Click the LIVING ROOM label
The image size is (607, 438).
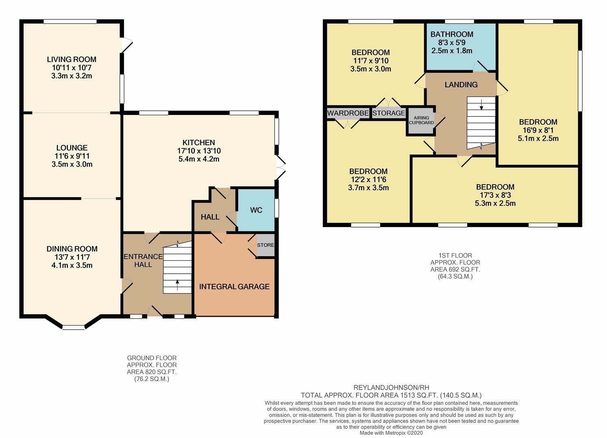pyautogui.click(x=72, y=59)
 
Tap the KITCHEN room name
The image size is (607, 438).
pyautogui.click(x=199, y=142)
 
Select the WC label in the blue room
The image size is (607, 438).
pyautogui.click(x=256, y=210)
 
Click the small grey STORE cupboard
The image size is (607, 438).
pyautogui.click(x=265, y=245)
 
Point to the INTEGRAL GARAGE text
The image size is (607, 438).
pyautogui.click(x=234, y=287)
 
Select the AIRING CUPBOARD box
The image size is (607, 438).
pyautogui.click(x=421, y=120)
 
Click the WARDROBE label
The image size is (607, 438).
pyautogui.click(x=348, y=113)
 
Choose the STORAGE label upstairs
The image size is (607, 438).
pyautogui.click(x=389, y=113)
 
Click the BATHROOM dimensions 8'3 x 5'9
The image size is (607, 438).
pyautogui.click(x=451, y=43)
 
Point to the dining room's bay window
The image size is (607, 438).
pyautogui.click(x=74, y=326)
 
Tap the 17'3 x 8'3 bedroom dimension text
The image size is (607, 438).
pyautogui.click(x=495, y=195)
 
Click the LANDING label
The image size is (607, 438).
pyautogui.click(x=461, y=85)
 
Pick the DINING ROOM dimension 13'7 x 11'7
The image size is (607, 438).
pyautogui.click(x=72, y=257)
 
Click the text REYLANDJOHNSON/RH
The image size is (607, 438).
pyautogui.click(x=391, y=388)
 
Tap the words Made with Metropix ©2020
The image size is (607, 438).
pyautogui.click(x=391, y=433)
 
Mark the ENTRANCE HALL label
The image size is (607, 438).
pyautogui.click(x=143, y=260)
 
